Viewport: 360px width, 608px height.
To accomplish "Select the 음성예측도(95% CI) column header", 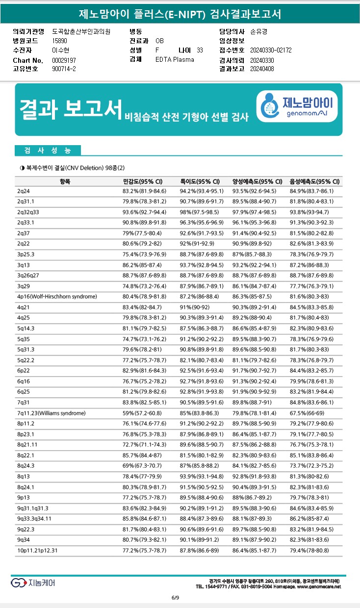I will pos(314,181).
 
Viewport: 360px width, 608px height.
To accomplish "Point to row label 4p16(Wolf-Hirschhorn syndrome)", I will pos(57,297).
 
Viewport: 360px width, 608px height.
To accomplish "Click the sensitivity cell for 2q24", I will pos(144,191).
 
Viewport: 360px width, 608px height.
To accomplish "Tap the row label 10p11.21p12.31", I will pos(37,551).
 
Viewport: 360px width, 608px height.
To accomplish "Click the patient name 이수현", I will pos(61,50).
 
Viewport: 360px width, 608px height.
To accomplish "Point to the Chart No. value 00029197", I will pos(64,60).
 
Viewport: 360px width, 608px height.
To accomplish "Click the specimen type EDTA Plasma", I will pos(175,60).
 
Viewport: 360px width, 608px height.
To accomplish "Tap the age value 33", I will pos(200,50).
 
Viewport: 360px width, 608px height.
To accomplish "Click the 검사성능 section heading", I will pos(48,150).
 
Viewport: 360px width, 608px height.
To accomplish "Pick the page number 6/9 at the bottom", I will pos(175,597).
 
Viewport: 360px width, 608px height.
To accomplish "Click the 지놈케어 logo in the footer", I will pos(33,583).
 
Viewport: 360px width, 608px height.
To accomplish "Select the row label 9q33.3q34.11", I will pos(34,518).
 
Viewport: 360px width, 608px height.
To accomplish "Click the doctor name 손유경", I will pos(258,31).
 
